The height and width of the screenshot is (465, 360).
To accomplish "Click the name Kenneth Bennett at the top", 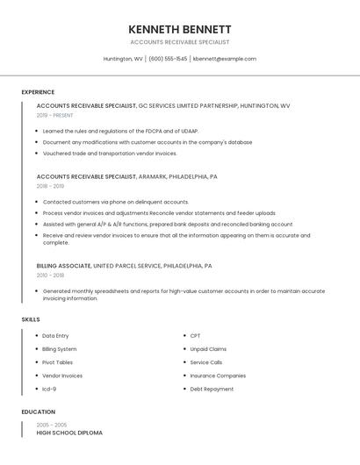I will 179,29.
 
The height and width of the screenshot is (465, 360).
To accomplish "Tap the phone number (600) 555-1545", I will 168,59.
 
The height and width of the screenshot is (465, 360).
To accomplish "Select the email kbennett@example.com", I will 225,59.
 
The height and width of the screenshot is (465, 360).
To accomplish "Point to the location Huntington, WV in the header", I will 123,59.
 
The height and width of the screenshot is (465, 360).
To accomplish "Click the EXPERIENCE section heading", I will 38,92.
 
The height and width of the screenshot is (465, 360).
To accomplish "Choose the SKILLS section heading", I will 31,319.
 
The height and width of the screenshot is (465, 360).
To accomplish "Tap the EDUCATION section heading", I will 39,411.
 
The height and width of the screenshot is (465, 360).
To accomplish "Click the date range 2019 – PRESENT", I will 55,115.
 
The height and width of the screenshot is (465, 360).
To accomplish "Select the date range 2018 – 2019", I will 50,186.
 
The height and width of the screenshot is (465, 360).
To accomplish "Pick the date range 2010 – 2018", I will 50,275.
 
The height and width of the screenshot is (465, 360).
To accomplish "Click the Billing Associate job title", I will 63,265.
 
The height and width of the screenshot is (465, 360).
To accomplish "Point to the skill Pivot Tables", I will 58,362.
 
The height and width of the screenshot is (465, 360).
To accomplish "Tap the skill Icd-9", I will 49,389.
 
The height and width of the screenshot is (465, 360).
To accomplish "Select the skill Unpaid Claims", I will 208,349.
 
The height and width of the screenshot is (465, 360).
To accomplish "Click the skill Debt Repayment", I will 212,389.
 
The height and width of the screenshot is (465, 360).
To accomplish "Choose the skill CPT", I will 195,336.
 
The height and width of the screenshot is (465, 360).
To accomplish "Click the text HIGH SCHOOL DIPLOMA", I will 69,433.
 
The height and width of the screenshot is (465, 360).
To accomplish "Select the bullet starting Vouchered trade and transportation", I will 110,153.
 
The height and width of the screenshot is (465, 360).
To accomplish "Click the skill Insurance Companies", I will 218,376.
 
